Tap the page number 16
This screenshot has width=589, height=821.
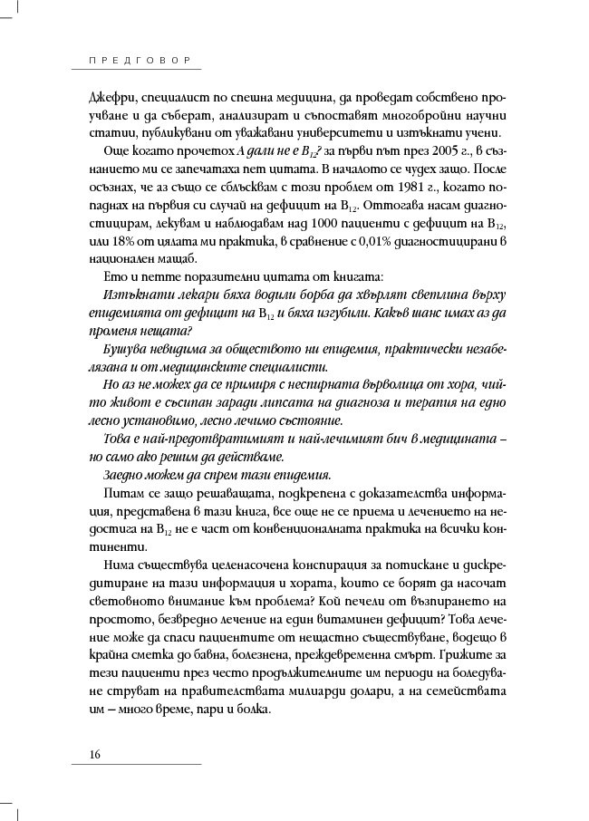point(95,756)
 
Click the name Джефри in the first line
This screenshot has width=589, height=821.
point(111,98)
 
